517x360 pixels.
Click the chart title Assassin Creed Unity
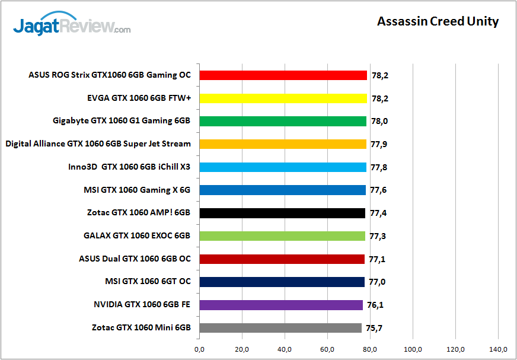(438, 22)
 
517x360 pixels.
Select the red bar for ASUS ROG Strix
(283, 75)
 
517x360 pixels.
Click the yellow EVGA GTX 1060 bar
(283, 98)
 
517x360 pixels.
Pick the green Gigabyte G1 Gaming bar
(283, 121)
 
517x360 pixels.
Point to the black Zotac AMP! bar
(282, 213)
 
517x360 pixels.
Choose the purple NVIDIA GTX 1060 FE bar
(281, 305)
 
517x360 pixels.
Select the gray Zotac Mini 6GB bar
(280, 328)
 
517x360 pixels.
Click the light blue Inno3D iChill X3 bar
(283, 167)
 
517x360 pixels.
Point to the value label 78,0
(380, 122)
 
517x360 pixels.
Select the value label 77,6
(379, 190)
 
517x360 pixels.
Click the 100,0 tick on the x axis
(413, 349)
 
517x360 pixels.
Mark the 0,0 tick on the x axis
(199, 349)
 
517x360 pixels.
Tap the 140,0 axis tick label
(499, 349)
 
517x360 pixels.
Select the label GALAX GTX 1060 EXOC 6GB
(137, 236)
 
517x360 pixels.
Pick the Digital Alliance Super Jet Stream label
(98, 144)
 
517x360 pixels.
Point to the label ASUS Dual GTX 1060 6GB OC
(135, 259)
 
